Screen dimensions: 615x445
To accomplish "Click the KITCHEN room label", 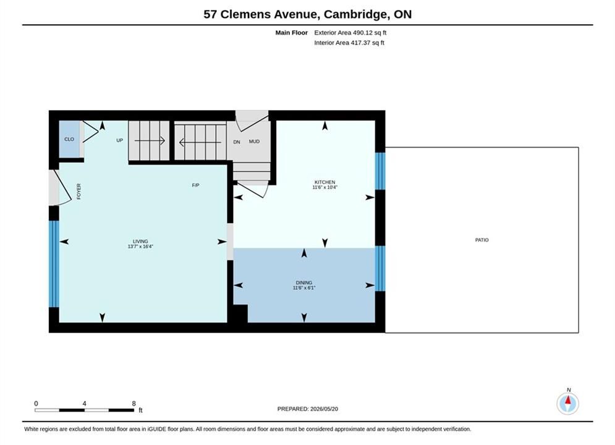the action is click(324, 182).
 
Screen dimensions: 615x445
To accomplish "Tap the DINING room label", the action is click(304, 282).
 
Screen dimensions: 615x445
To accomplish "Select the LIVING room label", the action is click(140, 242).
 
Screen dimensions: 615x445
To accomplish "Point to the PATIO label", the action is click(481, 240).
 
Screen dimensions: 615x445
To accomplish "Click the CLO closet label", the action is click(69, 139).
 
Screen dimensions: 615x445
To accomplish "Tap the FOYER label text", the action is click(79, 192).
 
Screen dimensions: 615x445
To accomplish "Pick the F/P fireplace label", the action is click(195, 185).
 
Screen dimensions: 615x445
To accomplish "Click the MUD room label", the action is click(254, 142).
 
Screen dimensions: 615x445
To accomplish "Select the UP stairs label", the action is click(120, 140).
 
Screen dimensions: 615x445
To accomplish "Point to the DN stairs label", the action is click(237, 142).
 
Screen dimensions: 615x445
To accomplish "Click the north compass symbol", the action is click(567, 403).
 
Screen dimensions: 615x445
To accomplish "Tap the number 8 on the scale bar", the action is click(134, 404).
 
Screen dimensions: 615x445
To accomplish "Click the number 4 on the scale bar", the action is click(84, 404).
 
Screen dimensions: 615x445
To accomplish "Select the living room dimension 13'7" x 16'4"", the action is click(140, 247).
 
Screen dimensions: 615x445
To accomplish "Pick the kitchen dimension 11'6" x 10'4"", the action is click(324, 187).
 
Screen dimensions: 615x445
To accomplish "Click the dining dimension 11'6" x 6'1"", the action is click(304, 288).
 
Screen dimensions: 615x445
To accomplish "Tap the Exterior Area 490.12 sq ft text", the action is click(350, 33).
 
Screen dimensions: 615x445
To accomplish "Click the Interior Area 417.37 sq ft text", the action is click(349, 43).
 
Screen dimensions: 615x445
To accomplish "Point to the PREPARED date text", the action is click(308, 409).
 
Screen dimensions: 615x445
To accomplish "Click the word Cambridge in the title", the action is click(355, 14).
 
